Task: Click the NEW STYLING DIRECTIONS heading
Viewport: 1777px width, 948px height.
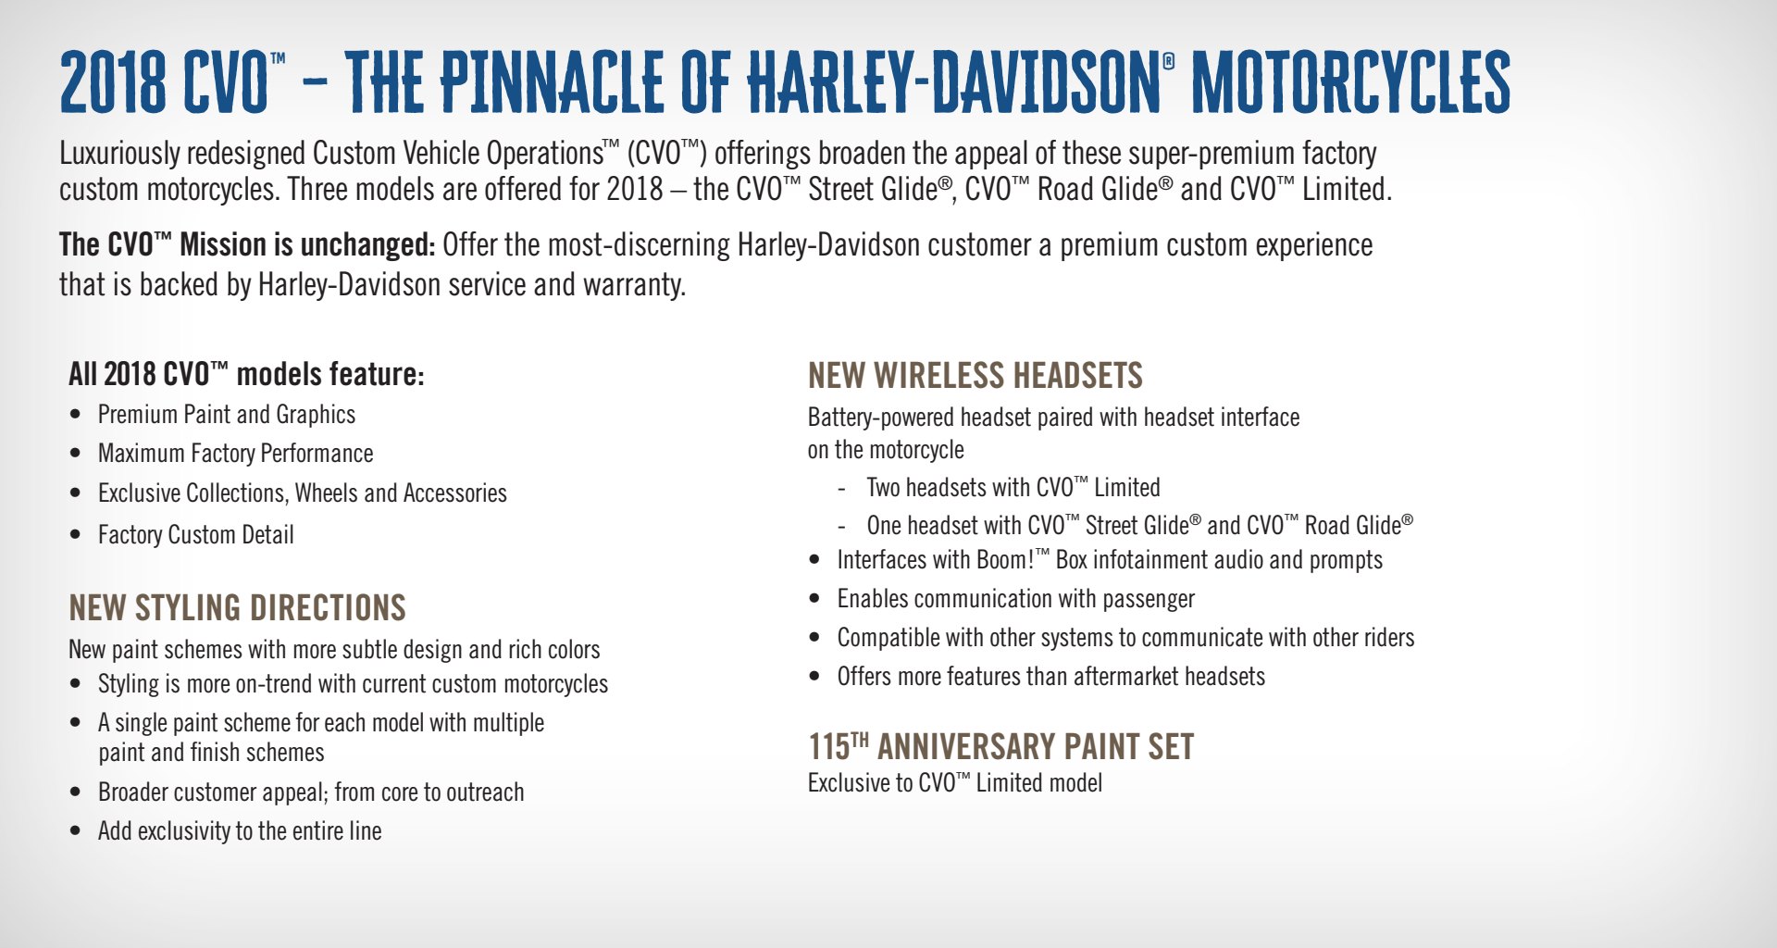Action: (x=238, y=608)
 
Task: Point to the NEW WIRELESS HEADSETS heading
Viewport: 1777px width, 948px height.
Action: (x=975, y=376)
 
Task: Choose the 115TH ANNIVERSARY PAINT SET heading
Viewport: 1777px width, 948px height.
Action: (x=1001, y=746)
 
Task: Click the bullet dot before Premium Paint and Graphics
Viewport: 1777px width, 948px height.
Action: (x=76, y=415)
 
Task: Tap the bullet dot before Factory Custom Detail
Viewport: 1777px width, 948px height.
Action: (x=76, y=535)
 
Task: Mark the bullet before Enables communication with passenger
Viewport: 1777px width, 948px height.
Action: (x=814, y=599)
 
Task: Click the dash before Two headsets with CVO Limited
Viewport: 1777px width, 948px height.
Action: (x=841, y=490)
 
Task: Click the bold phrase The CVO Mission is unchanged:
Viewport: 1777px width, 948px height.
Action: (x=247, y=244)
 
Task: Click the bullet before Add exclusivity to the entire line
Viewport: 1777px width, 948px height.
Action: (x=76, y=831)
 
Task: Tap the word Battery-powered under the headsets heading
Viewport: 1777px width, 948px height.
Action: (x=881, y=418)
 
